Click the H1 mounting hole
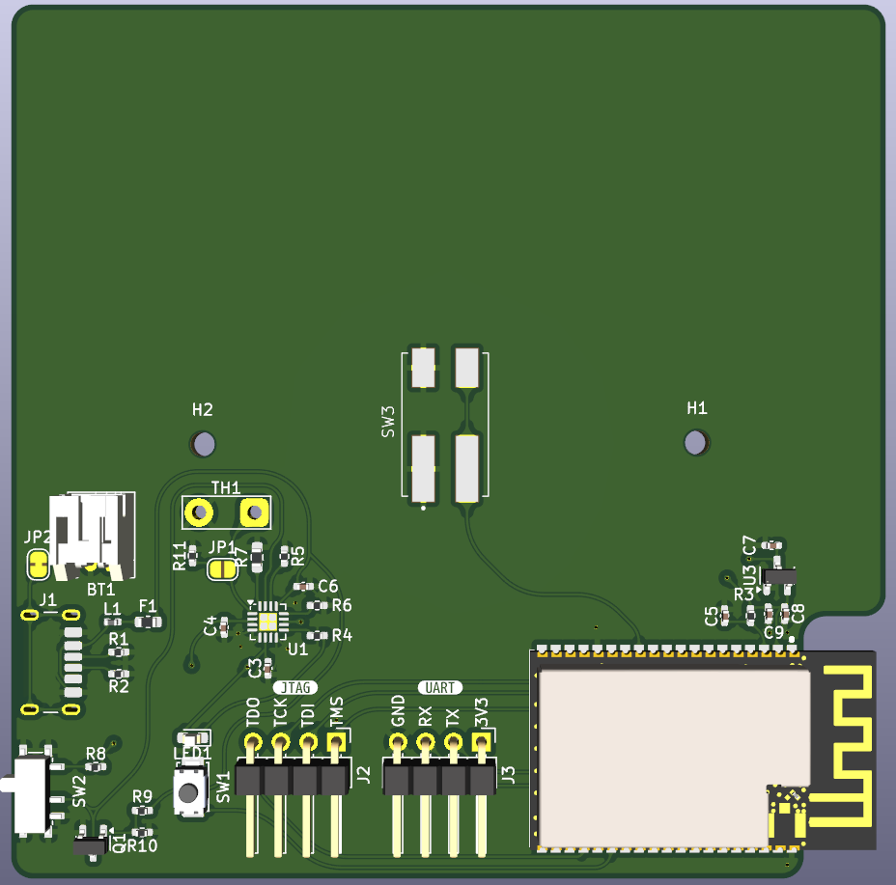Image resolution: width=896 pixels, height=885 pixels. (695, 442)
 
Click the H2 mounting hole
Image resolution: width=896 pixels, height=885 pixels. (203, 444)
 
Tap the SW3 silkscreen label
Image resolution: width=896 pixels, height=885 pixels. (388, 423)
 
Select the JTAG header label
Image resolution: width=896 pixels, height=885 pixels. (295, 687)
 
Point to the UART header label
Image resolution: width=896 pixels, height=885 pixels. (440, 687)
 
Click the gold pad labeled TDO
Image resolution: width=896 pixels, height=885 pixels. (253, 742)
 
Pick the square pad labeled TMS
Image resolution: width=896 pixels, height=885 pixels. (336, 742)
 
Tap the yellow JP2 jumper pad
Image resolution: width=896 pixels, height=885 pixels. (38, 563)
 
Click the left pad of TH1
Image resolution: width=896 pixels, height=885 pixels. (199, 512)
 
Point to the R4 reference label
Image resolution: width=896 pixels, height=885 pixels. (342, 636)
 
